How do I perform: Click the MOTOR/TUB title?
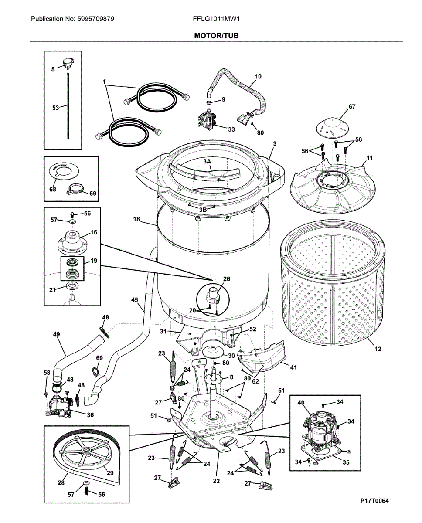[217, 35]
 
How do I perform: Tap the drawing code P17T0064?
[374, 501]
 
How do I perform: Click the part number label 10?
[258, 77]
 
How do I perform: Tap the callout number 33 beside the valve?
[231, 129]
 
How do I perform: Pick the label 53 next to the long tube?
[55, 108]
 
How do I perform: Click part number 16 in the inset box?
[94, 233]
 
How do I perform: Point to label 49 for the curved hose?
[56, 334]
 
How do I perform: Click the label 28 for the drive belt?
[61, 482]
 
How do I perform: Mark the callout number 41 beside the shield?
[293, 367]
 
